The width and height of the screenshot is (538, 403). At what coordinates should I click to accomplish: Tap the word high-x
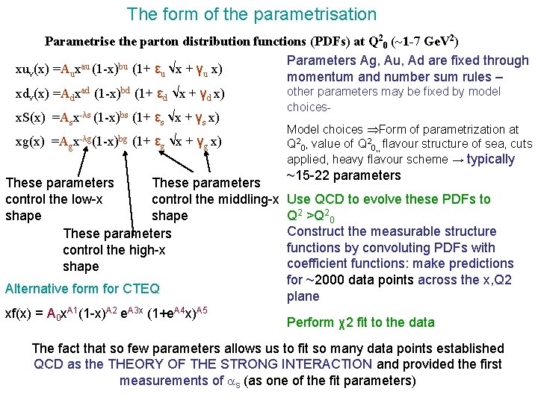[146, 250]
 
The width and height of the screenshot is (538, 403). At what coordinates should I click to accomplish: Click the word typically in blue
[490, 159]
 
